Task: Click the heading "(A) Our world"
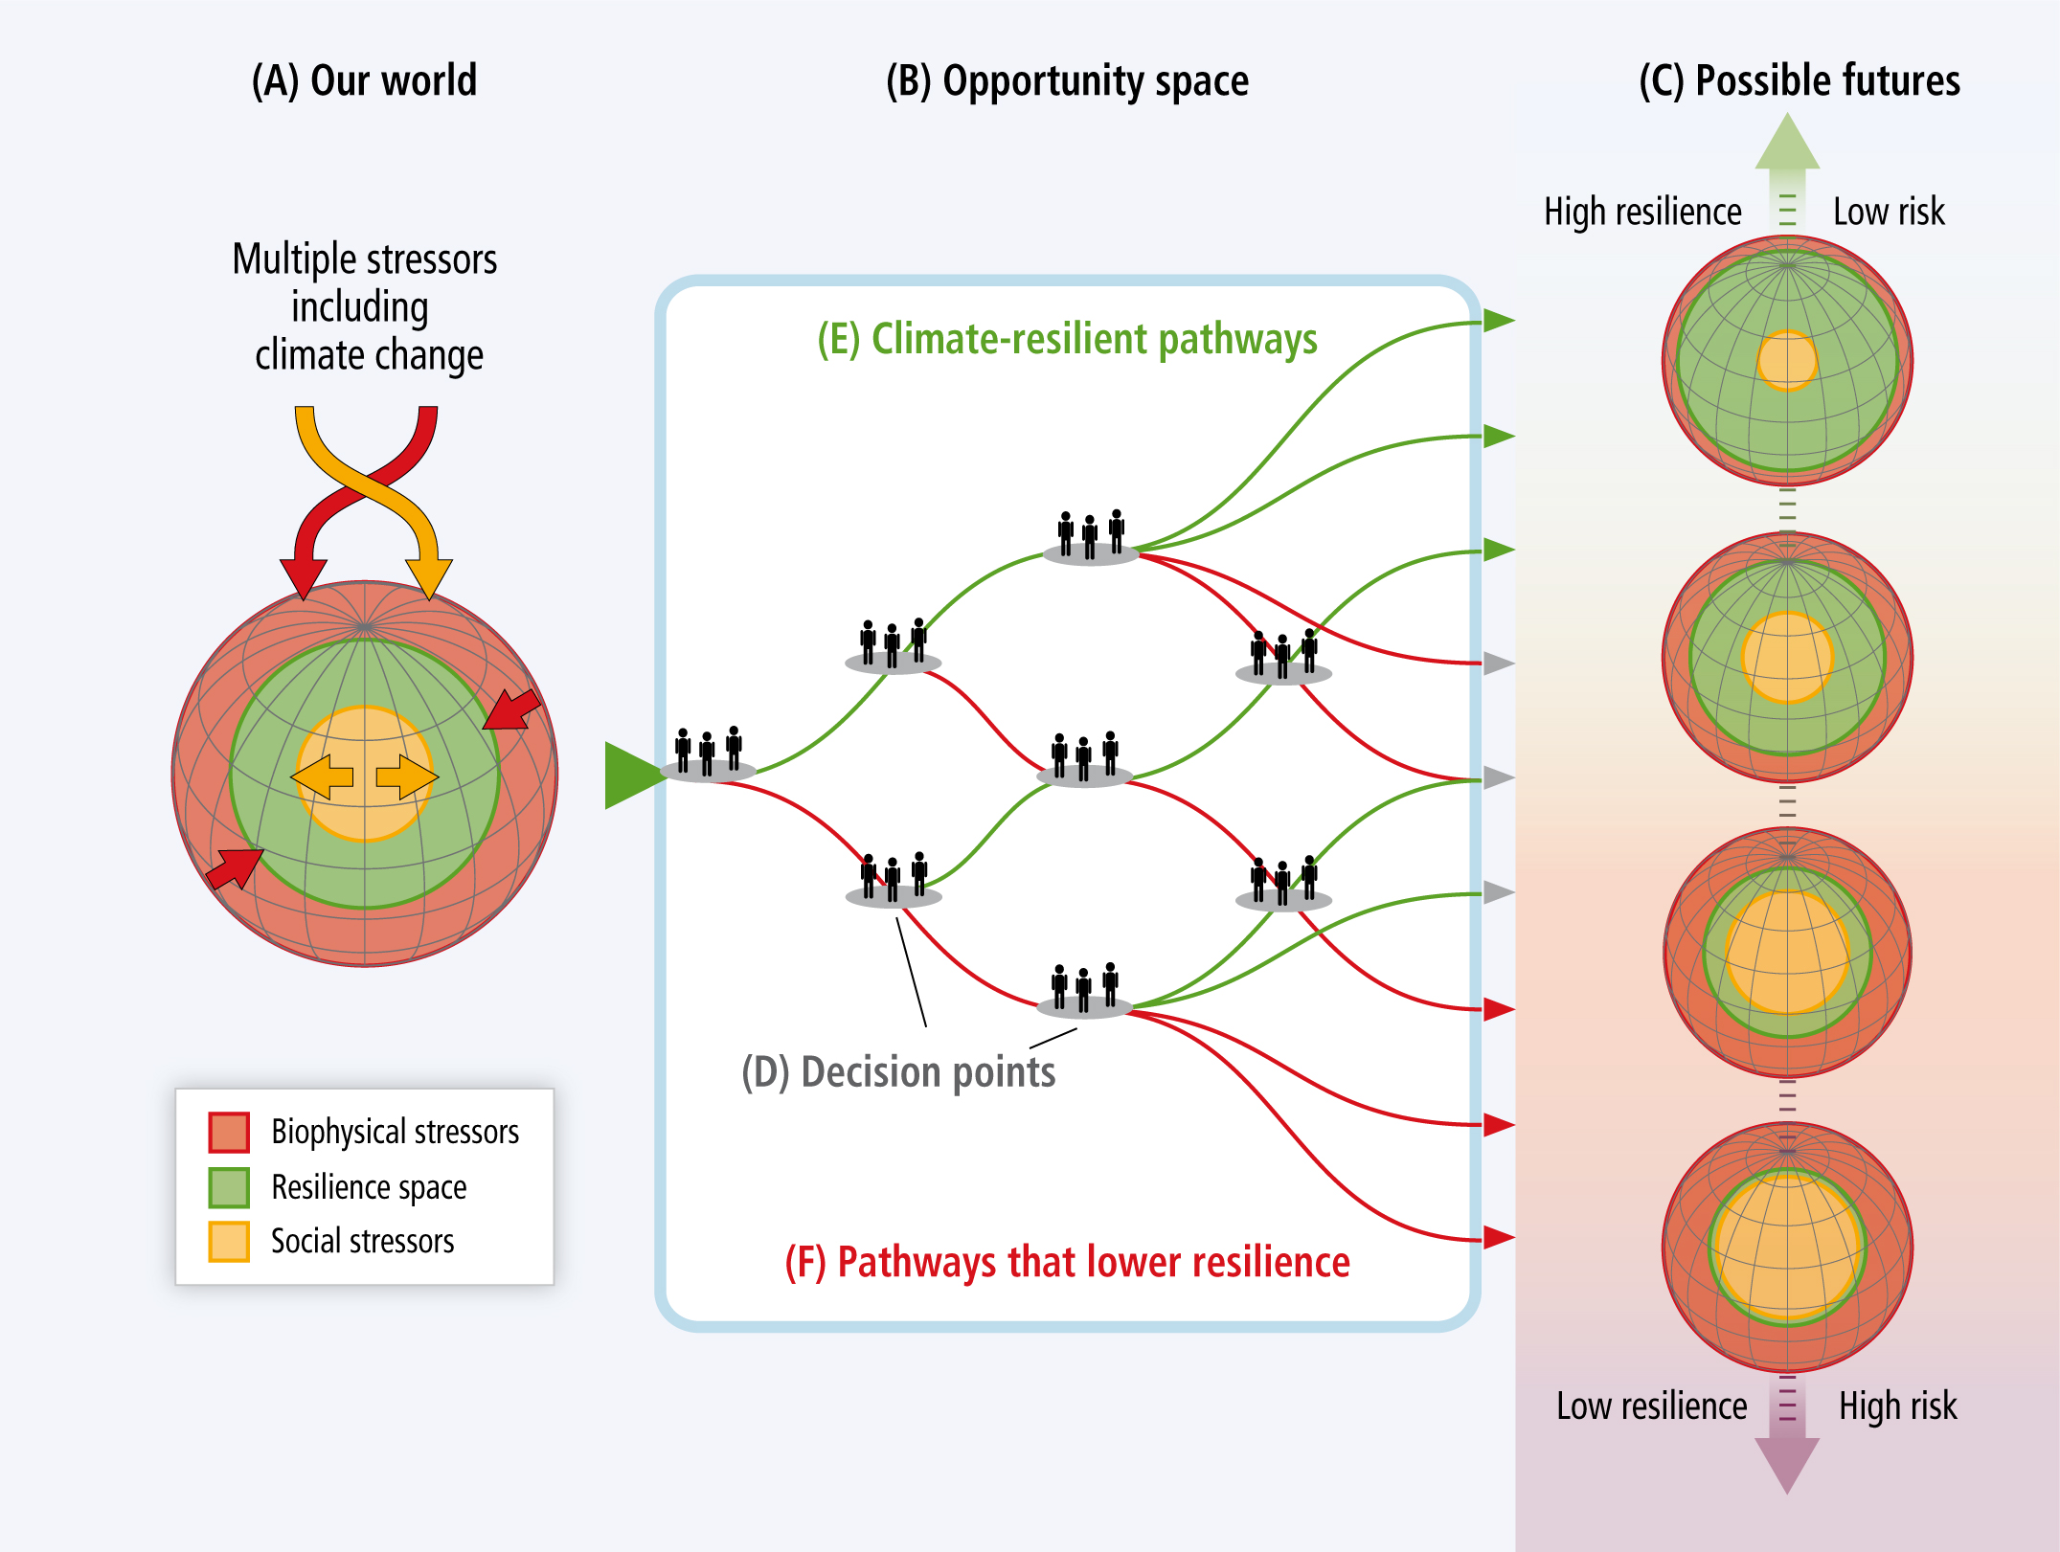(364, 80)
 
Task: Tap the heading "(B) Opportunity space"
(1067, 81)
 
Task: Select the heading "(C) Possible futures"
(1800, 80)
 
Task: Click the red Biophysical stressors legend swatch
(229, 1132)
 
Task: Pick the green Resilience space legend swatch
(229, 1187)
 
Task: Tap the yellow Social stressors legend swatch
(229, 1242)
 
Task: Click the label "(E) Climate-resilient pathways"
(1067, 340)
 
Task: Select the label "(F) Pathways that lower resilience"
(1067, 1262)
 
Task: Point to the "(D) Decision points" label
(898, 1072)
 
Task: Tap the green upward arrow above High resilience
(1787, 168)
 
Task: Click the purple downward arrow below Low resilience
(1787, 1436)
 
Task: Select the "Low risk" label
(1889, 212)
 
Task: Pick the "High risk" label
(1898, 1406)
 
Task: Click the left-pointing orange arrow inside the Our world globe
(323, 776)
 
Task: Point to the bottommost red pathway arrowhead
(1499, 1237)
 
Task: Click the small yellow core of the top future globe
(1787, 361)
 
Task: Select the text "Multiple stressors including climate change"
(365, 307)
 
